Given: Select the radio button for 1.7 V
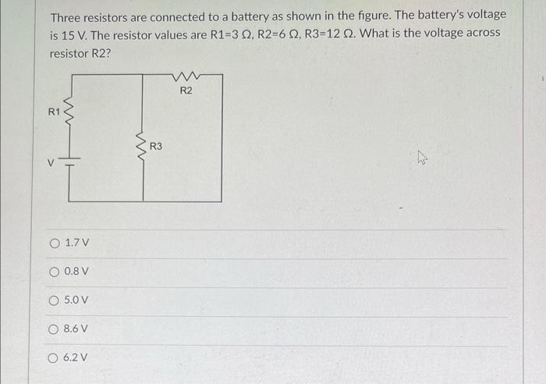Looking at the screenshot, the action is coord(55,243).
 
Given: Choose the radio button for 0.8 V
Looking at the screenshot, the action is coord(55,272).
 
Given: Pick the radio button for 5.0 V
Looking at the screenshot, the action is coord(55,300).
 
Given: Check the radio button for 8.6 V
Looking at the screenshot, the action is coord(55,329).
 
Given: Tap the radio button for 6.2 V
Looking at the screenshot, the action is coord(55,357).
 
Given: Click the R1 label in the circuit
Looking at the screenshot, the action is coord(54,112).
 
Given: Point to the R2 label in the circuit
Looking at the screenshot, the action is coord(186,91).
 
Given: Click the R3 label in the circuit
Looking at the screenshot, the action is coord(155,145).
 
